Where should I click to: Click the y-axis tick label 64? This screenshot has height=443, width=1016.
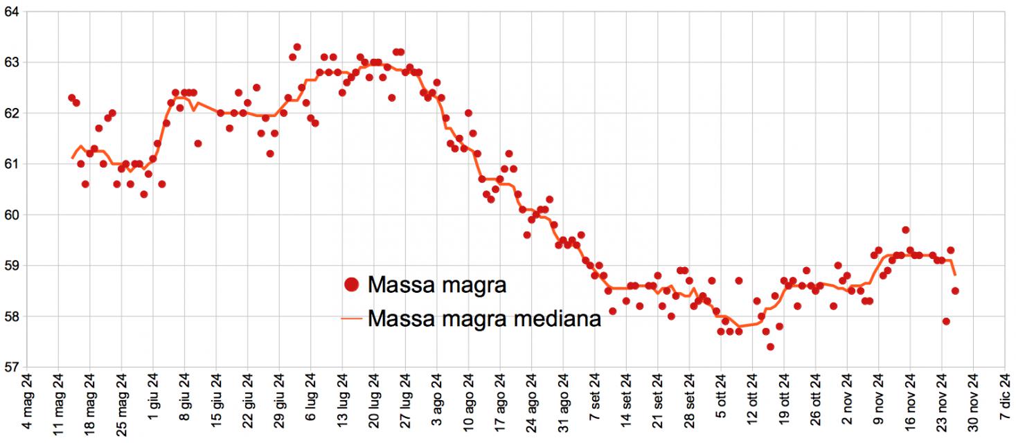click(12, 12)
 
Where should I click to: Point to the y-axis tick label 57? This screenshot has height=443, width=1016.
click(12, 368)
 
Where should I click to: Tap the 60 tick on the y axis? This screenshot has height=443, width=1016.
click(12, 215)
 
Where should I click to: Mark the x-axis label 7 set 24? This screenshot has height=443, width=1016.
click(595, 408)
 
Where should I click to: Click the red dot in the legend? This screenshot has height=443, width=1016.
click(353, 284)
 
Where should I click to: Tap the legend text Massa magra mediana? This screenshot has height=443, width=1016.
click(484, 319)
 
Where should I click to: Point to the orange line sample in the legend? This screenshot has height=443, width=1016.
click(353, 319)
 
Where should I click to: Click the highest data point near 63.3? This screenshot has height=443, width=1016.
click(297, 47)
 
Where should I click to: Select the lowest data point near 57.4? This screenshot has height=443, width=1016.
click(770, 347)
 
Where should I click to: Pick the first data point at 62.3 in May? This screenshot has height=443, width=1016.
click(72, 98)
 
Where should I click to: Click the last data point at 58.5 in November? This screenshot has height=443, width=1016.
click(955, 291)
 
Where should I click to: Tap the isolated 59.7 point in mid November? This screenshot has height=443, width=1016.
click(906, 230)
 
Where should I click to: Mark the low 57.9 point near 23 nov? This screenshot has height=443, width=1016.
click(946, 321)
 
